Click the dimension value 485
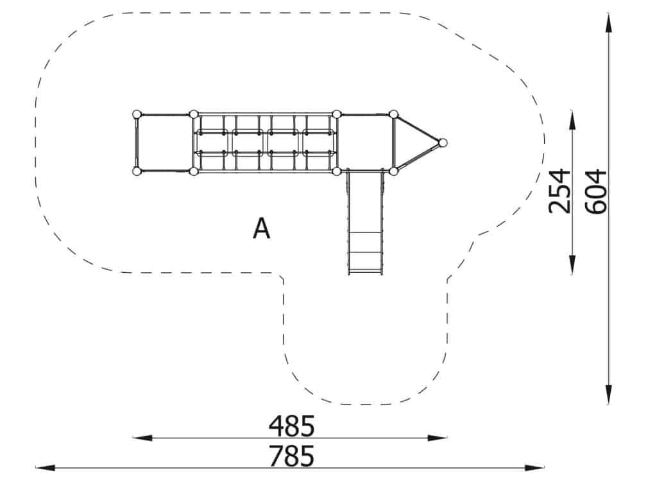(291, 426)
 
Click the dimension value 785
(291, 456)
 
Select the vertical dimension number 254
(559, 191)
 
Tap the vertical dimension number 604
(595, 191)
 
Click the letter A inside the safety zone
(262, 229)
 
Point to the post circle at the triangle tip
(443, 143)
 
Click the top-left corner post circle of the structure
(137, 114)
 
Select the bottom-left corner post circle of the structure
(137, 171)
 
